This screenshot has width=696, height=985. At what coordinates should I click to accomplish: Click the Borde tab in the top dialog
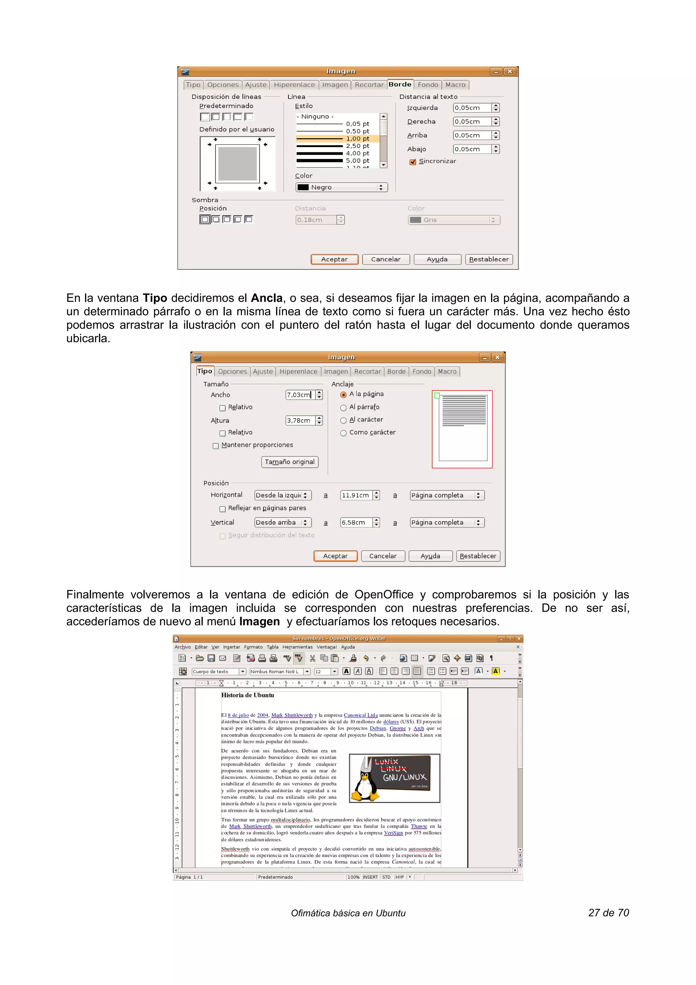tap(400, 85)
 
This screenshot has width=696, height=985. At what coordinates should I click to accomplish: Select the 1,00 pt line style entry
tap(337, 139)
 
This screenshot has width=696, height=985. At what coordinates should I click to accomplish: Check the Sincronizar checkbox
tap(413, 162)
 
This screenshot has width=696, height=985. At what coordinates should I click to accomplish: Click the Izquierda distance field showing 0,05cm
tap(472, 108)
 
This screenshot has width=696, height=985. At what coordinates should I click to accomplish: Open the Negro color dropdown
tap(341, 188)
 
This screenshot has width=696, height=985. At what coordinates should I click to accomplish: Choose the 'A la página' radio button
tap(343, 395)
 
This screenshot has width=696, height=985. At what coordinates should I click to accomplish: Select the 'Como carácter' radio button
tap(343, 433)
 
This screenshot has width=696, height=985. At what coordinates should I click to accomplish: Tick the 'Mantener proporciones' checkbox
tap(216, 446)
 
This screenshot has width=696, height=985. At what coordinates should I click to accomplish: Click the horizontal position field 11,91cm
tap(355, 495)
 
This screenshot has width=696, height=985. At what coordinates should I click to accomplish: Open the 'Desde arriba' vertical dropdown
tap(282, 522)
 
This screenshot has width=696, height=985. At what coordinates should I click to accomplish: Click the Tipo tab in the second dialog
tap(205, 371)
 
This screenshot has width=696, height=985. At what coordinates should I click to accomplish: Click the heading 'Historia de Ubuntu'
tap(247, 695)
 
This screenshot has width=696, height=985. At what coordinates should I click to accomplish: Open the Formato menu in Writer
tap(253, 647)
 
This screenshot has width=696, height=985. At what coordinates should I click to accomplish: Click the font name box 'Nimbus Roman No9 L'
tap(276, 671)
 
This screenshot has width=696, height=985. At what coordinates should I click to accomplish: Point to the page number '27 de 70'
tap(608, 913)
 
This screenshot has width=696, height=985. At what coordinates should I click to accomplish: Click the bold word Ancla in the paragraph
tap(266, 298)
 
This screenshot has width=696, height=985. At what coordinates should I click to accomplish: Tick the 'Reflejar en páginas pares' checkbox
tap(222, 509)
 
